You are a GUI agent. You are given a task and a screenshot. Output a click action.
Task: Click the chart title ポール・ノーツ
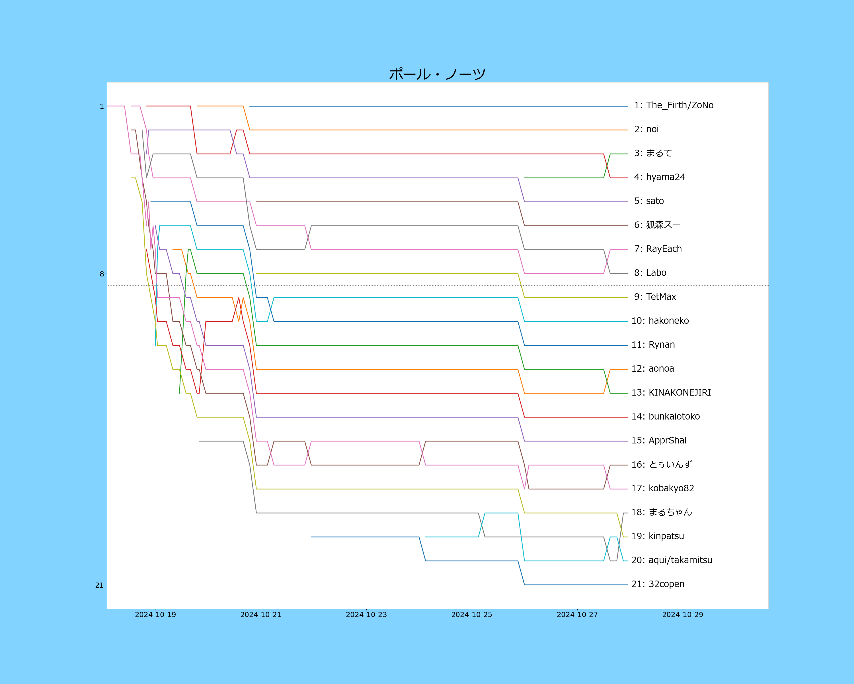(x=437, y=74)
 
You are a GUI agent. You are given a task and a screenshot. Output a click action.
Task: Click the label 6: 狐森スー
(x=657, y=225)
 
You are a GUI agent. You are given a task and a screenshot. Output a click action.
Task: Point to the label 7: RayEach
(x=658, y=249)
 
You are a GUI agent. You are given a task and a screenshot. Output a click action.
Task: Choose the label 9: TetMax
(x=655, y=297)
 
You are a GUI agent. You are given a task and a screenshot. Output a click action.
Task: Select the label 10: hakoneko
(x=660, y=321)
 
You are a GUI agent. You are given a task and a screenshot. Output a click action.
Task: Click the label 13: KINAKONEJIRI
(x=671, y=392)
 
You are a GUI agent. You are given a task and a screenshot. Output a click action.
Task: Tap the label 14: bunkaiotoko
(x=666, y=416)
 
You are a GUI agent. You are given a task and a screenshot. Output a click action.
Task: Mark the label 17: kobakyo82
(x=663, y=488)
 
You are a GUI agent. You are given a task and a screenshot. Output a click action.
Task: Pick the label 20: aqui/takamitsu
(x=672, y=560)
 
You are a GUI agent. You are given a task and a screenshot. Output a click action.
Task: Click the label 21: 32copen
(x=658, y=584)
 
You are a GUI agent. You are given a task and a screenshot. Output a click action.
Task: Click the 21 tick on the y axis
(x=99, y=585)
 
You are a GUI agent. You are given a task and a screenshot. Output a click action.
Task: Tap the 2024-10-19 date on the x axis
(x=155, y=615)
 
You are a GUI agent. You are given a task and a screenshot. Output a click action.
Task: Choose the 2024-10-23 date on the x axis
(x=366, y=615)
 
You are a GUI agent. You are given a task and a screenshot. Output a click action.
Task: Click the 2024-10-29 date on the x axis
(x=682, y=615)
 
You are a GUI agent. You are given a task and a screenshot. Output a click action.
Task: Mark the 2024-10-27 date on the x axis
(x=577, y=615)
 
